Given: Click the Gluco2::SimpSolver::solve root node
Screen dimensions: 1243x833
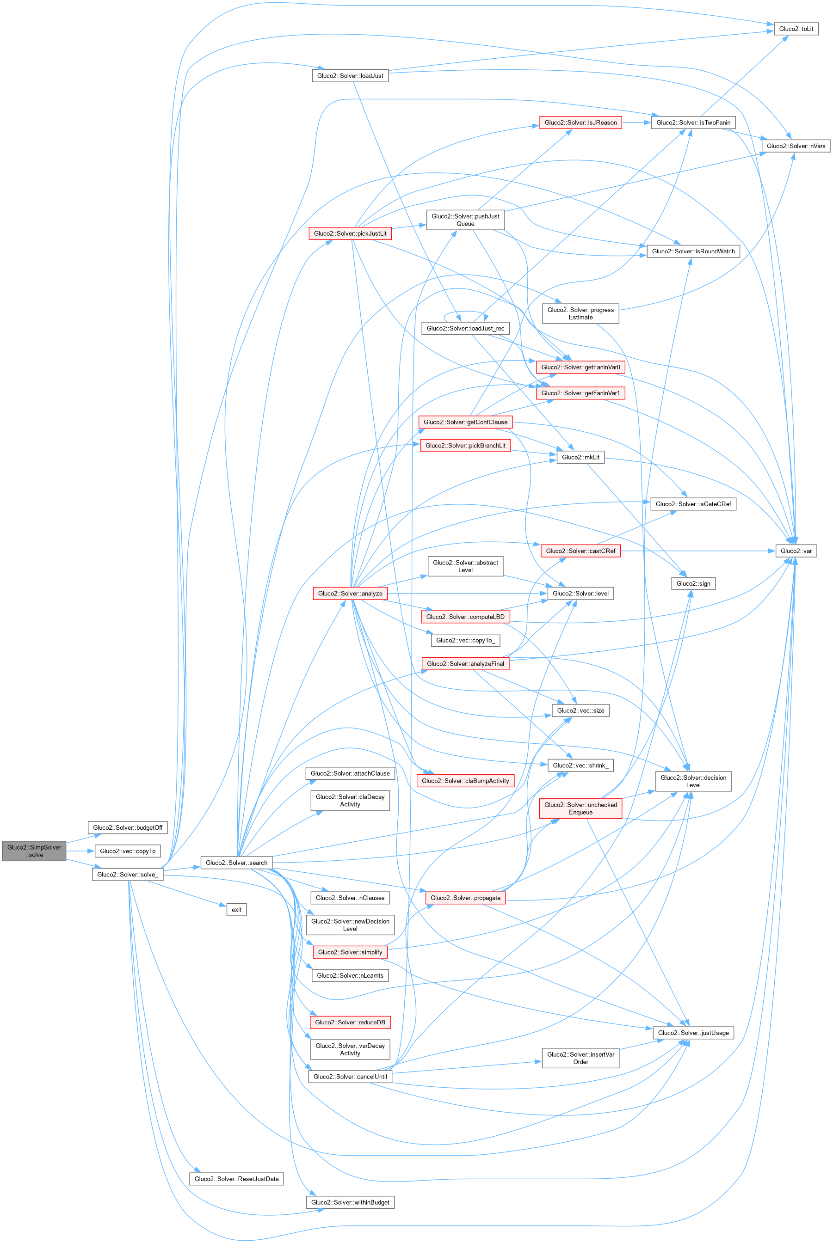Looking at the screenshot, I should pos(35,851).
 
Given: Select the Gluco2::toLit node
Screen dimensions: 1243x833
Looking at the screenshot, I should pos(796,29).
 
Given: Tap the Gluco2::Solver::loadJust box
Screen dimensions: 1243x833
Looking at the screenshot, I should pos(350,76).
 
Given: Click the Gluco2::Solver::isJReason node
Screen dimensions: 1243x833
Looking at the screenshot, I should pos(580,122).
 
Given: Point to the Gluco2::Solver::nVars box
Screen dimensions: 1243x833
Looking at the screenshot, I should pos(796,146).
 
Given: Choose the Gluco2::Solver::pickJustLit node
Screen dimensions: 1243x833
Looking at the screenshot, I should pos(350,233).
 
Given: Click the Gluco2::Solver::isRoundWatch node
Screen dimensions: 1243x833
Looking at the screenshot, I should pos(693,251).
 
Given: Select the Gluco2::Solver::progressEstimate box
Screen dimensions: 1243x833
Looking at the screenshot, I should pos(580,313).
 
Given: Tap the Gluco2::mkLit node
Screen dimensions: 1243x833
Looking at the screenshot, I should pos(580,457).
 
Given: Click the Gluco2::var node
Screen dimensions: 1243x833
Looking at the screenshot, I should pos(796,551).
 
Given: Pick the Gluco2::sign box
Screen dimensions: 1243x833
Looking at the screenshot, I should pos(693,583).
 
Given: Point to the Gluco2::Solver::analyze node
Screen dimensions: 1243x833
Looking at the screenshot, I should pos(350,593).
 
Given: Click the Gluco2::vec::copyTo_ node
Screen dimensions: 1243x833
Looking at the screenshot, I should pos(465,640).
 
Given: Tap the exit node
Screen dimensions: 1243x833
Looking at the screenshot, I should pos(236,910).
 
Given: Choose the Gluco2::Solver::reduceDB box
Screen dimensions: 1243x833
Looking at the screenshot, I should pos(350,1022).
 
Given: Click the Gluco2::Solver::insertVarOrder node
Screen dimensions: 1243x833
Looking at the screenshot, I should pos(580,1058).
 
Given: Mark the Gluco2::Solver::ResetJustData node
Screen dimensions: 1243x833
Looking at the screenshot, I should pos(236,1179).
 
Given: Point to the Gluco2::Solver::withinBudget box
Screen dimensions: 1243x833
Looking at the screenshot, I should pos(350,1202).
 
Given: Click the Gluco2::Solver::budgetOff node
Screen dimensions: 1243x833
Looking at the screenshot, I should pos(128,827).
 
